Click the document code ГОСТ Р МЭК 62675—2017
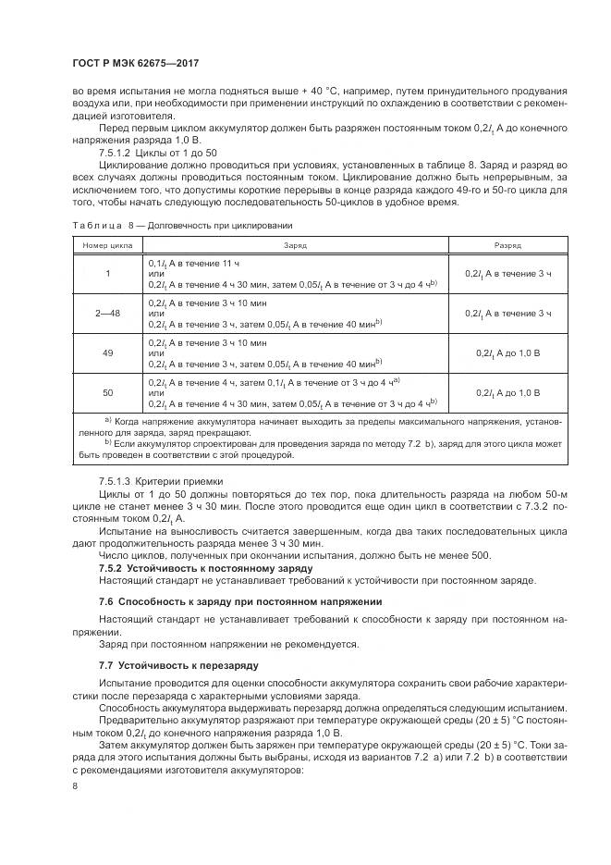coord(138,63)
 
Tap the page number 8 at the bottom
coord(74,785)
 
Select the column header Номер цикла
coord(107,245)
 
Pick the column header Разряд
coord(507,245)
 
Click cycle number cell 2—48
coord(107,314)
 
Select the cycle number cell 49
coord(107,353)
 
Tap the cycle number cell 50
coord(107,393)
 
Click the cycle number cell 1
coord(107,274)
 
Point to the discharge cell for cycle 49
coord(507,353)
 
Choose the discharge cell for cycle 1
coord(507,274)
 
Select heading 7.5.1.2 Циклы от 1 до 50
coord(158,152)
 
